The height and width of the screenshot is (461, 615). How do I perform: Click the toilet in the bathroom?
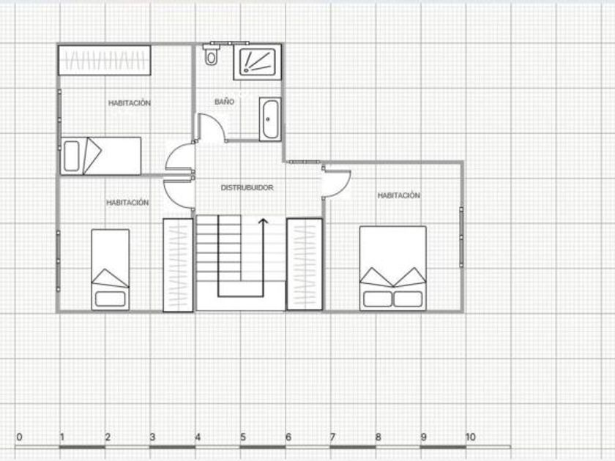point(211,55)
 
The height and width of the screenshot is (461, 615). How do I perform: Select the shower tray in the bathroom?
point(257,62)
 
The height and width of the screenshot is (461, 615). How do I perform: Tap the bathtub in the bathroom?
point(270,119)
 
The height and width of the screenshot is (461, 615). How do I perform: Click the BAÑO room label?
point(224,102)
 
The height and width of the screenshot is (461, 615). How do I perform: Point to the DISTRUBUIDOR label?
point(247,188)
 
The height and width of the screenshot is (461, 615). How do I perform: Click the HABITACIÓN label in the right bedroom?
point(398,195)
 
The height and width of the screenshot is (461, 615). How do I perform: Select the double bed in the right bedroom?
point(393,268)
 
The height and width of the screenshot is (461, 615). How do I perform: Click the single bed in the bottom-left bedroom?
point(111,270)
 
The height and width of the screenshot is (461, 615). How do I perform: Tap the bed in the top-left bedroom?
point(101,156)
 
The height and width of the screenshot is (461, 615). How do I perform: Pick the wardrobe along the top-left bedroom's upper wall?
point(105,60)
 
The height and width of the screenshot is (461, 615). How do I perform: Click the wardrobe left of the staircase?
point(178,265)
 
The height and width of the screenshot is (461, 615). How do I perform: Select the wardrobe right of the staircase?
point(305,264)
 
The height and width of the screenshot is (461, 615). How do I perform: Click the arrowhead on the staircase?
point(263,222)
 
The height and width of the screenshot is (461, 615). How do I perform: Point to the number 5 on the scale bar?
point(243,437)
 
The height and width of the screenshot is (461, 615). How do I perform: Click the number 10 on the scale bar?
point(470,437)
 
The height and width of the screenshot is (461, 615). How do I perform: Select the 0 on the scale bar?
point(19,437)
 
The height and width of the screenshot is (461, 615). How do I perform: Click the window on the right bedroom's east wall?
point(461,237)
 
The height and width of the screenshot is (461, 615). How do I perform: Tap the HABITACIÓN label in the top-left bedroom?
point(130,103)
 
